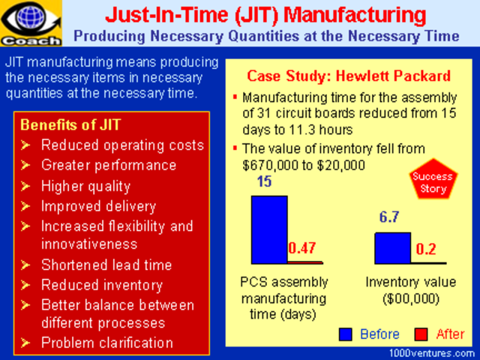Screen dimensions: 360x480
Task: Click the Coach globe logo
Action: [25, 22]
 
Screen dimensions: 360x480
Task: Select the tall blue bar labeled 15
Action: [269, 229]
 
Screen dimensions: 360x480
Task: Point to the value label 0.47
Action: [304, 249]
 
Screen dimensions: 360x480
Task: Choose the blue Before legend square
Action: [346, 334]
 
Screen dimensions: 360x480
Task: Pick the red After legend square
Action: [421, 334]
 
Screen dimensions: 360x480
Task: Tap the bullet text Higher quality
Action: [85, 185]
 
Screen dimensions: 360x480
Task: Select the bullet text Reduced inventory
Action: [101, 284]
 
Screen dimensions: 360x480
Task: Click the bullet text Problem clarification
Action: [107, 343]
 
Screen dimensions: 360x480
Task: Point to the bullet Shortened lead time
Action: [106, 265]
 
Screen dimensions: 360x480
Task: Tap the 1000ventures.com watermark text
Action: [433, 352]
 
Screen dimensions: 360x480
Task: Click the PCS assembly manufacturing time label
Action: [277, 298]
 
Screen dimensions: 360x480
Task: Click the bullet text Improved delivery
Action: [98, 205]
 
